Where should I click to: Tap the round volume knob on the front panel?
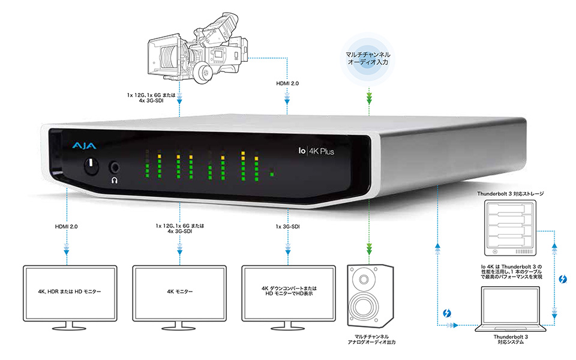click(91, 165)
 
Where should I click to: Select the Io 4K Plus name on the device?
click(316, 152)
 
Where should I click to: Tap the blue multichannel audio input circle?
click(367, 61)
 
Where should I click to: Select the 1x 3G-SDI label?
click(289, 226)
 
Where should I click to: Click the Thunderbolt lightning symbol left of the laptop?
click(447, 313)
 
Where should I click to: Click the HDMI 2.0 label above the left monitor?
click(65, 226)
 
